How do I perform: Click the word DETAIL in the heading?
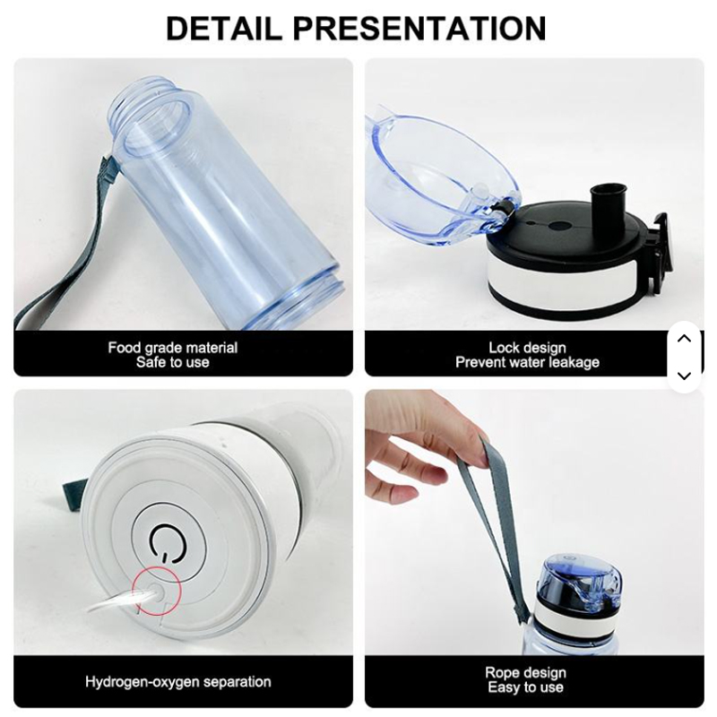pos(224,28)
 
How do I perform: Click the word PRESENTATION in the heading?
pos(419,28)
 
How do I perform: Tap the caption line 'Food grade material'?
pos(173,348)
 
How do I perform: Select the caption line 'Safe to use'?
pos(173,363)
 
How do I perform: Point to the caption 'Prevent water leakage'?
pos(527,363)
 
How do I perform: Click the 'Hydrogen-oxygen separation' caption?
pos(177,682)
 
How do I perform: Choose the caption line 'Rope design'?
pos(526,673)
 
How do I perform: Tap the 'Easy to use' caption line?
pos(526,687)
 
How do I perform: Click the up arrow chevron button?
pos(684,339)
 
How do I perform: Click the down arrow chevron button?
pos(684,376)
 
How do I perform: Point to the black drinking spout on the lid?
pos(609,203)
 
